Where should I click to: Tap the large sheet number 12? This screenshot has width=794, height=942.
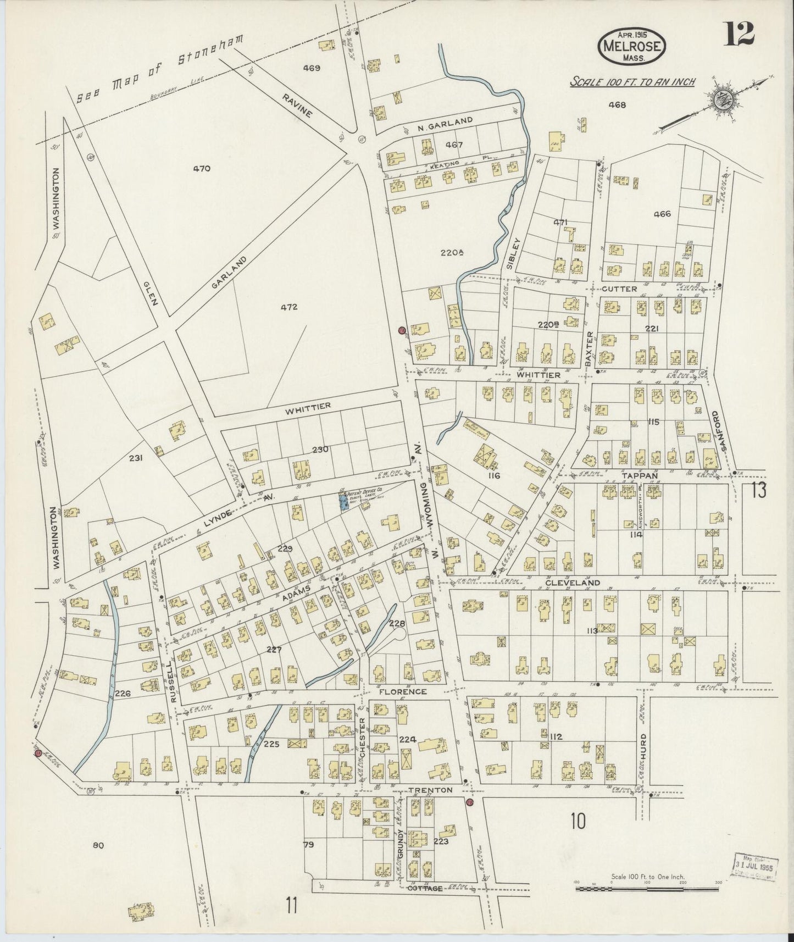(739, 36)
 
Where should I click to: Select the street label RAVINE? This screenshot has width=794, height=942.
(297, 105)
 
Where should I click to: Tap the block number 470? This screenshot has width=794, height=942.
(202, 169)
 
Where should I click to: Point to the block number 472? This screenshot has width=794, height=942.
(288, 307)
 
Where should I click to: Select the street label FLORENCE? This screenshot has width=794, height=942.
(405, 691)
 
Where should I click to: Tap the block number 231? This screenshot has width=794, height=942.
(136, 457)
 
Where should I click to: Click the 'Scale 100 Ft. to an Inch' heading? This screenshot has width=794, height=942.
(632, 82)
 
